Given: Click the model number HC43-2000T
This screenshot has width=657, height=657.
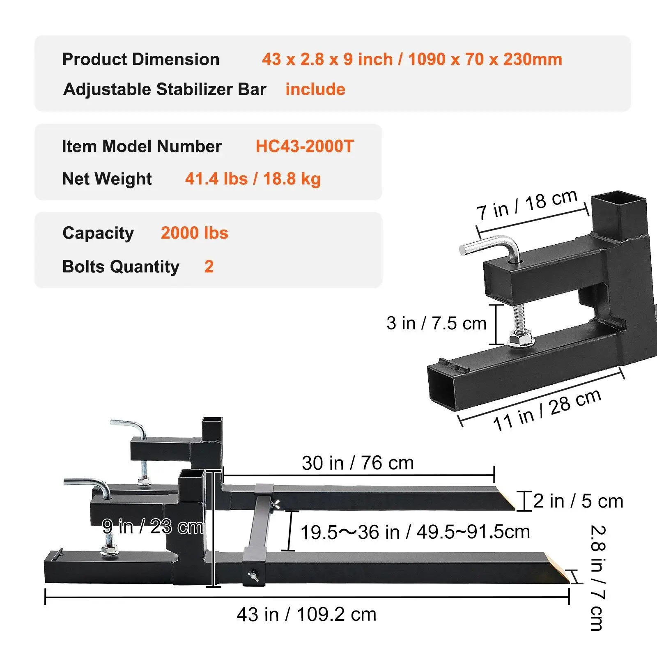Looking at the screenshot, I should coord(304,147).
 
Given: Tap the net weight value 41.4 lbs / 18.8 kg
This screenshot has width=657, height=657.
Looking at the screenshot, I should coord(253,179).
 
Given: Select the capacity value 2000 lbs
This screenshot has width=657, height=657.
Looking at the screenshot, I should coord(194,233).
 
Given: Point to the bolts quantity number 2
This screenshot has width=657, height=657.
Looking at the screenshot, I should coord(209,267).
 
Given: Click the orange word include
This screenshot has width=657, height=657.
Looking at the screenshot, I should coord(315,90).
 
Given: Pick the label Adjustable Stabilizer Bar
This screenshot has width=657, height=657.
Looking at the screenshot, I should coord(165,90).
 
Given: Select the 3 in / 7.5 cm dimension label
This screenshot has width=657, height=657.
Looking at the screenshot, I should coord(436,324).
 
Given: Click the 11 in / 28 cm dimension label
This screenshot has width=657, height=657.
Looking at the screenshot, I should coord(547,410).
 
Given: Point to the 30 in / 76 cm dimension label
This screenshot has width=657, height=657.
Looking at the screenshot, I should coord(358,463).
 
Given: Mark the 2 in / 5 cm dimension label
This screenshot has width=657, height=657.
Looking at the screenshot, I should coord(578,501).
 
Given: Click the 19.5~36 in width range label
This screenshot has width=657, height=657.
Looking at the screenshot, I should coord(415,532).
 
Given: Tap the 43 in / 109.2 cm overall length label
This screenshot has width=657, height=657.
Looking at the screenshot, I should coord(306,615).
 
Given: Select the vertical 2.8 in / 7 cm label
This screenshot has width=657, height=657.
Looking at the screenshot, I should coord(597,577).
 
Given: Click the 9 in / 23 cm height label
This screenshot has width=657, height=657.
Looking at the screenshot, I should coord(153,527).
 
